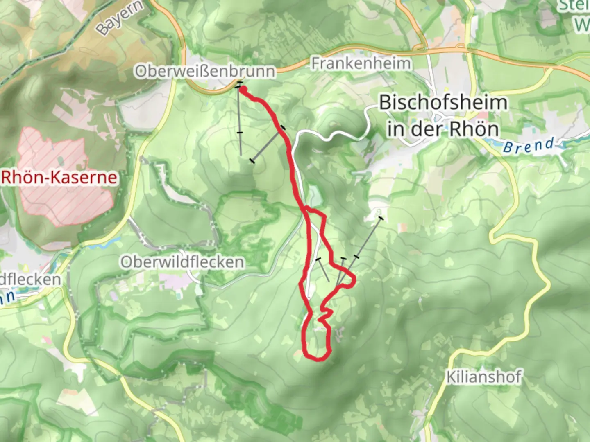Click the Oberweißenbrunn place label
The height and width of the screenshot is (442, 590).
tap(205, 71)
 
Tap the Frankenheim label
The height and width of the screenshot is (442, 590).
tap(361, 63)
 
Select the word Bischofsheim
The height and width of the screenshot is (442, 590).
tap(443, 102)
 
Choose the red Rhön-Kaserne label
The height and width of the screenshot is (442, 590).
tap(59, 178)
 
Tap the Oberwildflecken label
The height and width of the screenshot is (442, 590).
tap(182, 262)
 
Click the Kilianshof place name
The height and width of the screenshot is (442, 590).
tap(484, 377)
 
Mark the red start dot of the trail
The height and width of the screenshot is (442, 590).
tap(243, 90)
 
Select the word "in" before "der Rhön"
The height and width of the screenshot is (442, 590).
tap(395, 129)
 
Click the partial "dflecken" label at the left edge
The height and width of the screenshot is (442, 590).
tap(31, 280)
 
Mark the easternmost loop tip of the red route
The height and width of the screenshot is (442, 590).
tap(353, 280)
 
